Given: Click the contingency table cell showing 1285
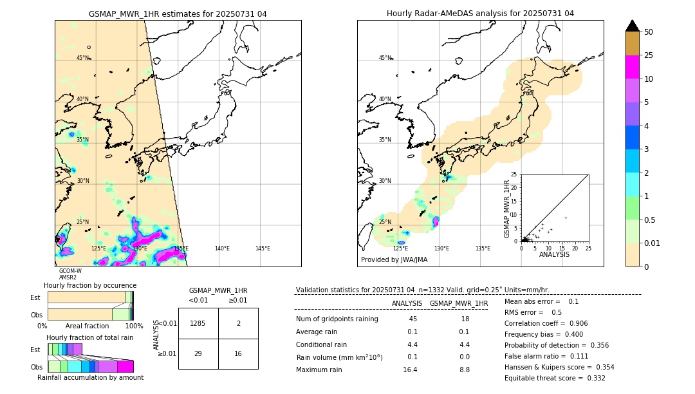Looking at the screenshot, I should tap(198, 323).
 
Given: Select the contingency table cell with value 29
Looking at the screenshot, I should tap(198, 353).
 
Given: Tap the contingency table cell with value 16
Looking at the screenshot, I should tap(238, 353).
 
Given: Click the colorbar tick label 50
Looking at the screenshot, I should tap(649, 32).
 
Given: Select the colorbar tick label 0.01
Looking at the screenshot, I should tap(653, 243).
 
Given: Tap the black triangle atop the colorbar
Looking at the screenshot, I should tap(633, 26).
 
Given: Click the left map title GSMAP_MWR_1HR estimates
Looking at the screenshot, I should tap(178, 14).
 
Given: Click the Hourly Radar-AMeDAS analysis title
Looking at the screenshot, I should tap(480, 14).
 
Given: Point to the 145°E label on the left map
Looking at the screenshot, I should tap(263, 249).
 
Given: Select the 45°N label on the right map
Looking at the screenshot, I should tap(385, 58).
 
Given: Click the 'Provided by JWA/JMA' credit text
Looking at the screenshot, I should tap(394, 260).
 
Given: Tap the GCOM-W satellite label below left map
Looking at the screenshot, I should tap(70, 271).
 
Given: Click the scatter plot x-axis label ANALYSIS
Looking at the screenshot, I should tap(554, 254).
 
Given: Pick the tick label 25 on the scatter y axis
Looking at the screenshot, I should tap(514, 174).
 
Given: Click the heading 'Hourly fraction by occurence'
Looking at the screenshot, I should tap(90, 285).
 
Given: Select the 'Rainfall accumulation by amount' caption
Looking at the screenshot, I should tap(90, 377).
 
